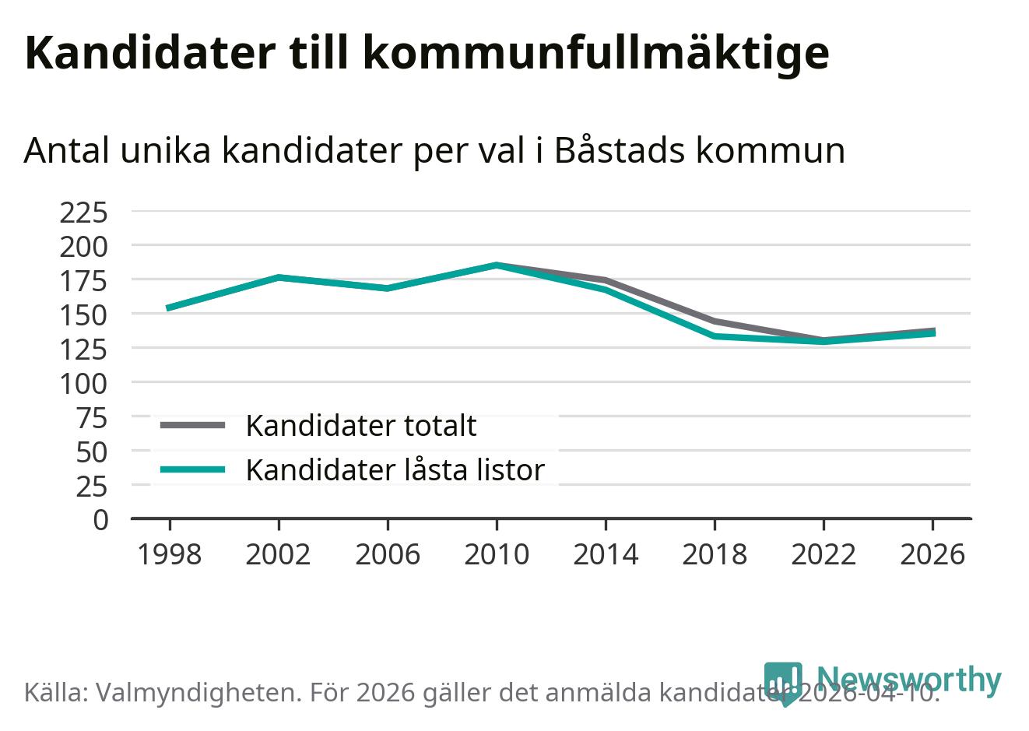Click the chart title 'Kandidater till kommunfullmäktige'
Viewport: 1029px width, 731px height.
(x=427, y=53)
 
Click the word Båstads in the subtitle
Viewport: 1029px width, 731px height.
(x=619, y=150)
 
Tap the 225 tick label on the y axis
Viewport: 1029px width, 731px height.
(x=83, y=212)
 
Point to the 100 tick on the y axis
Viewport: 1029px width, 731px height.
(x=83, y=383)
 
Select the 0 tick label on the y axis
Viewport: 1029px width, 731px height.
(x=100, y=520)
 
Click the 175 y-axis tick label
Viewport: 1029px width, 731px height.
(x=83, y=280)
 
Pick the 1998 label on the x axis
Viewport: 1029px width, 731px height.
(x=169, y=555)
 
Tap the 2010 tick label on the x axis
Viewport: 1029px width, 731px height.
(x=497, y=555)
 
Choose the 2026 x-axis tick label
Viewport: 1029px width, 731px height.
(x=932, y=555)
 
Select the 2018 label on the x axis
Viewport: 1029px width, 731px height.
(x=715, y=555)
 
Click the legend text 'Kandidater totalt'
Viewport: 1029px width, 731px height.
(x=361, y=426)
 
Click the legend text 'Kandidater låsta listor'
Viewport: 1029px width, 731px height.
(x=395, y=470)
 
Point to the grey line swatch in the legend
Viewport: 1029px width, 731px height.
(x=192, y=425)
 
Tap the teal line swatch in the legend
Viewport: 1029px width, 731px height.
(x=192, y=469)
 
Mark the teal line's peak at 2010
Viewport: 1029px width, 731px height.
(x=497, y=265)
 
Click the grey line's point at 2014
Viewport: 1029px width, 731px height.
(x=606, y=280)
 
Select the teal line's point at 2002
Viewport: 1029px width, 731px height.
(x=279, y=277)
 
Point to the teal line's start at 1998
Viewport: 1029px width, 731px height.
(x=169, y=308)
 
